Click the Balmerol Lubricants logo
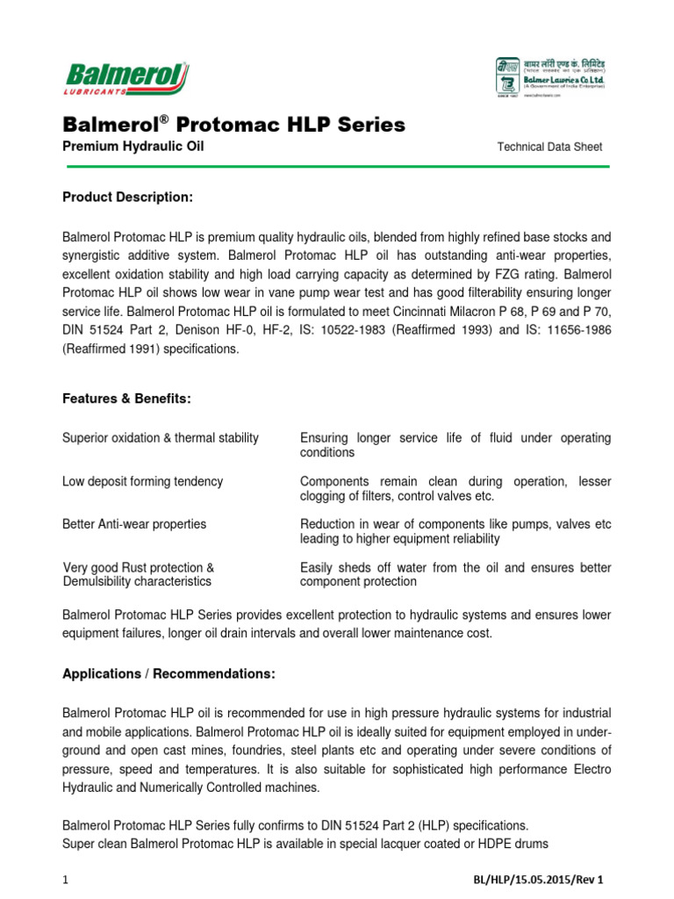[125, 78]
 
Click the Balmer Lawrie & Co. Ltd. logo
[550, 79]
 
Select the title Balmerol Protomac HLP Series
[233, 125]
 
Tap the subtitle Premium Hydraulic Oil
[133, 147]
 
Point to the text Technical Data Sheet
[549, 147]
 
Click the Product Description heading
[127, 197]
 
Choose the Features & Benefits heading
[125, 399]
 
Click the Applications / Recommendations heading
[168, 673]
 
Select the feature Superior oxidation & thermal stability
[161, 438]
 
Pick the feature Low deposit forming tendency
[142, 481]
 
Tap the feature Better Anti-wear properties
[134, 524]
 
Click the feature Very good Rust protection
[138, 568]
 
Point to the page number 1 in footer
[65, 879]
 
